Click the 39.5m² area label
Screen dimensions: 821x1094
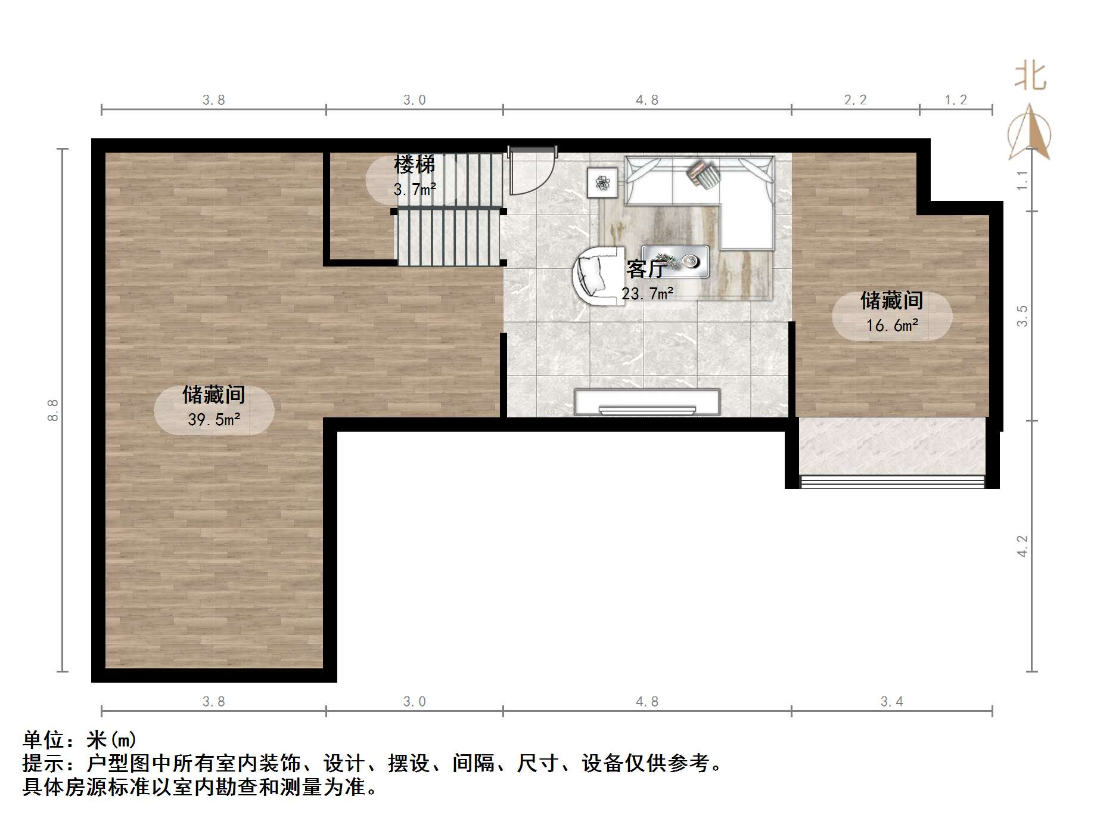(214, 420)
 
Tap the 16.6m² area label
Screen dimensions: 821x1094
(892, 326)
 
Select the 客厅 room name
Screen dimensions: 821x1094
(645, 269)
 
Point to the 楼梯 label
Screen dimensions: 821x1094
(415, 165)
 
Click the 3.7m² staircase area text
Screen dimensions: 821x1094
(415, 190)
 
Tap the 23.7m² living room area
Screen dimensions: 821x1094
(648, 293)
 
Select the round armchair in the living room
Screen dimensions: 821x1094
(598, 276)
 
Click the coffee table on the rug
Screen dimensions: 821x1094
(675, 261)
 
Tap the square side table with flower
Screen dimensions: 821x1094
(602, 182)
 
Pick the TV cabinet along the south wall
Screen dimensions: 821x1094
(647, 402)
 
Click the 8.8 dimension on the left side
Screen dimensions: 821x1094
(53, 410)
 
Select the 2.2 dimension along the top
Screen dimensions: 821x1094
(855, 100)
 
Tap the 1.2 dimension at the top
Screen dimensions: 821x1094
(956, 100)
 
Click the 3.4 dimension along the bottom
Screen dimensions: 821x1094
(892, 702)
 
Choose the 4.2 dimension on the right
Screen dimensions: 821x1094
(1022, 546)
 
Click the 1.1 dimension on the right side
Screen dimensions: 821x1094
(1022, 180)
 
